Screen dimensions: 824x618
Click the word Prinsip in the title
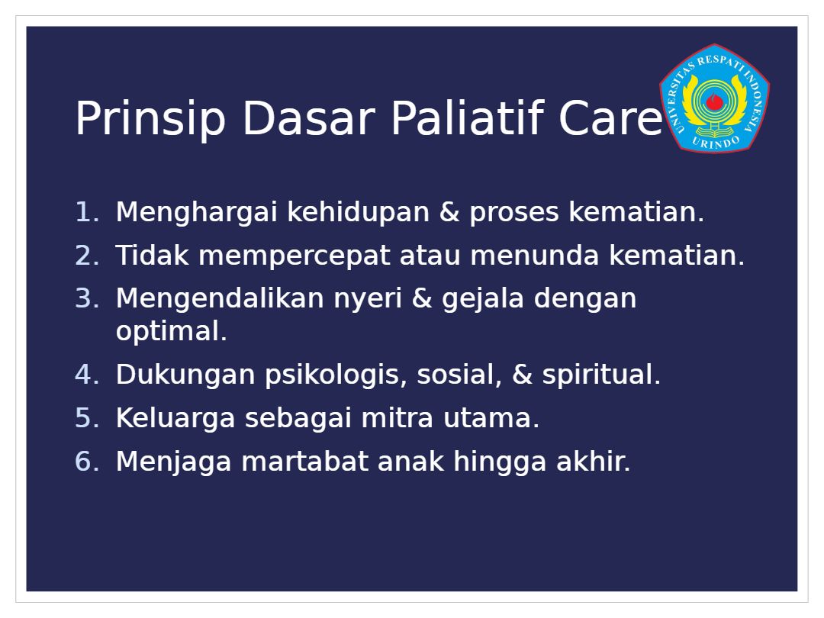pyautogui.click(x=151, y=119)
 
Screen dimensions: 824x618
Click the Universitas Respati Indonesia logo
pyautogui.click(x=715, y=98)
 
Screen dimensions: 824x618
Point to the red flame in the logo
pyautogui.click(x=714, y=101)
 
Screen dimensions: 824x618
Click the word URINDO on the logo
pyautogui.click(x=716, y=141)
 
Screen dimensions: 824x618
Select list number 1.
pyautogui.click(x=87, y=212)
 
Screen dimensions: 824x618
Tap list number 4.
pyautogui.click(x=87, y=375)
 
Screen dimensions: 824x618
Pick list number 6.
pyautogui.click(x=87, y=462)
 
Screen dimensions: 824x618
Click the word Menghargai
pyautogui.click(x=196, y=213)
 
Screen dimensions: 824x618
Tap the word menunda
pyautogui.click(x=534, y=256)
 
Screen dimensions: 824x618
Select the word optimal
pyautogui.click(x=172, y=332)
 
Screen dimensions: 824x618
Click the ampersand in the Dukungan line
pyautogui.click(x=522, y=375)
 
